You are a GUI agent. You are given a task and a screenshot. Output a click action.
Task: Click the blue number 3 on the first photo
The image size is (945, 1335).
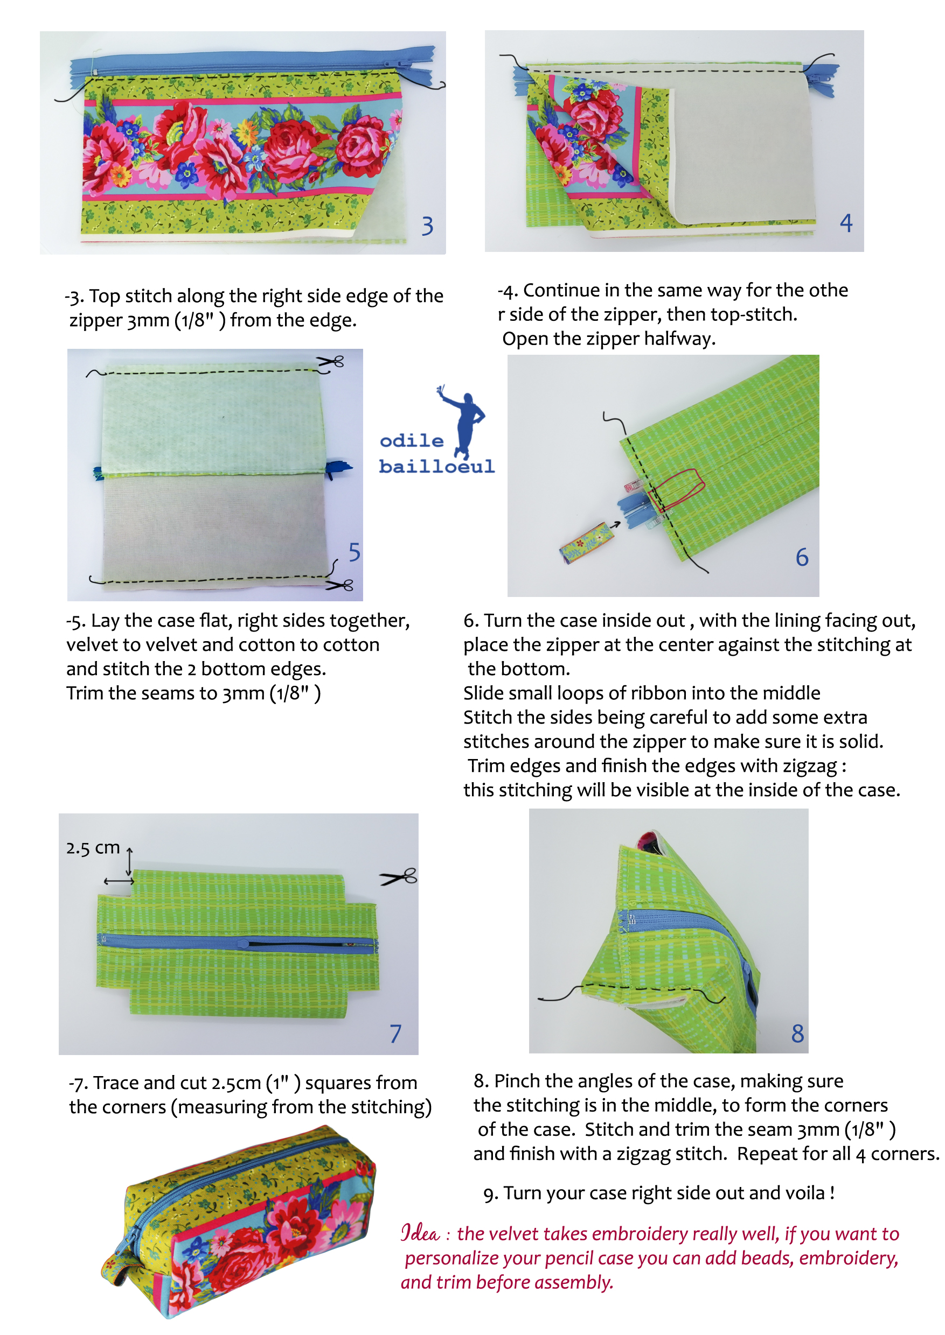click(428, 226)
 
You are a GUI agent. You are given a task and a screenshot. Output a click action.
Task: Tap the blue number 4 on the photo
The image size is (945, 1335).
click(846, 223)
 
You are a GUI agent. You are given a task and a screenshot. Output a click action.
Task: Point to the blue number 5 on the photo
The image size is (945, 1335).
click(355, 552)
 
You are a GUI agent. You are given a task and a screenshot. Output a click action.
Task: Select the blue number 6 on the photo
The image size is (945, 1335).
click(802, 557)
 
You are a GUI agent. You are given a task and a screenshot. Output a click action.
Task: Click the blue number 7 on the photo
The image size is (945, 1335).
click(395, 1033)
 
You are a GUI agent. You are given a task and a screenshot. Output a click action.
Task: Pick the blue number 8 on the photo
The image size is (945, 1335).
click(797, 1033)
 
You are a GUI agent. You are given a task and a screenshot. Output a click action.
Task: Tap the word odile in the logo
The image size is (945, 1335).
click(412, 440)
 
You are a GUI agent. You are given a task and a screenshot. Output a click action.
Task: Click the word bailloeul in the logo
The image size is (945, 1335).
click(436, 466)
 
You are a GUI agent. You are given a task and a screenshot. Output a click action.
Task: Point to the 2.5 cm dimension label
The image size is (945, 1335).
click(93, 848)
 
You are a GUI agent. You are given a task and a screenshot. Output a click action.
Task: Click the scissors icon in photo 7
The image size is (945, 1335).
click(399, 876)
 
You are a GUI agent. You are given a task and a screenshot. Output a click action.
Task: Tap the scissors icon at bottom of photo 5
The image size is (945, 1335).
click(340, 585)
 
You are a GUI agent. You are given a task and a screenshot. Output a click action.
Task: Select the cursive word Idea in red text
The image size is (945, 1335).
click(420, 1233)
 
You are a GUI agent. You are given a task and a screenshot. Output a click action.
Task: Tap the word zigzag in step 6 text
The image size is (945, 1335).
click(809, 766)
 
